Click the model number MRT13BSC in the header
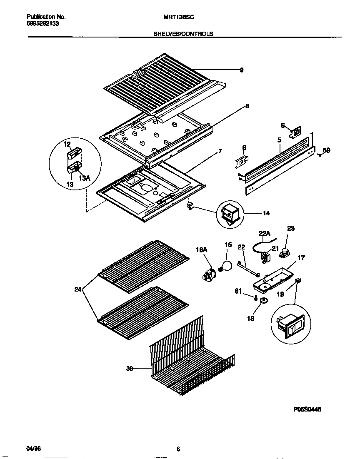pos(179,17)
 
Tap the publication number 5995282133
pos(41,24)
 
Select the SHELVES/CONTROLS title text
pos(183,34)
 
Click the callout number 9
pos(242,70)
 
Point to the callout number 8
pos(247,106)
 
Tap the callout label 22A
pos(265,234)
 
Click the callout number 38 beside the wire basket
pos(130,368)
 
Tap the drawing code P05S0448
pos(307,409)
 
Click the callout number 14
pos(266,213)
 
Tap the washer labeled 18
pos(263,301)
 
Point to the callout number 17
pos(301,258)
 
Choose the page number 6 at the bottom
pos(178,449)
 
